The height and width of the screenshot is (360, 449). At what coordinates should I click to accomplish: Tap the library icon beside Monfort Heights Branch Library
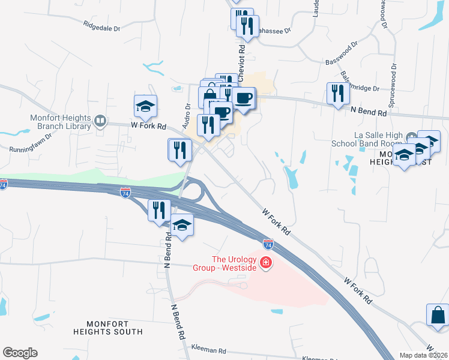(100, 122)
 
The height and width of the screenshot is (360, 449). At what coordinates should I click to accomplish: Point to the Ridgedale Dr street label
(102, 26)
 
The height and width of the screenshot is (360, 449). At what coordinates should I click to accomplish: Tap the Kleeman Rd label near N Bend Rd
(208, 349)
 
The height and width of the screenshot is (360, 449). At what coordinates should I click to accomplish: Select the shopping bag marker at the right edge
(438, 316)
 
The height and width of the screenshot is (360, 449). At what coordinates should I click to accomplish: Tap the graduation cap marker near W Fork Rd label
(145, 107)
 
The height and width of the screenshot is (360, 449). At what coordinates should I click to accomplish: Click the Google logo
(20, 353)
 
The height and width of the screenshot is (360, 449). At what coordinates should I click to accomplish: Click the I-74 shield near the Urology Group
(268, 244)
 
